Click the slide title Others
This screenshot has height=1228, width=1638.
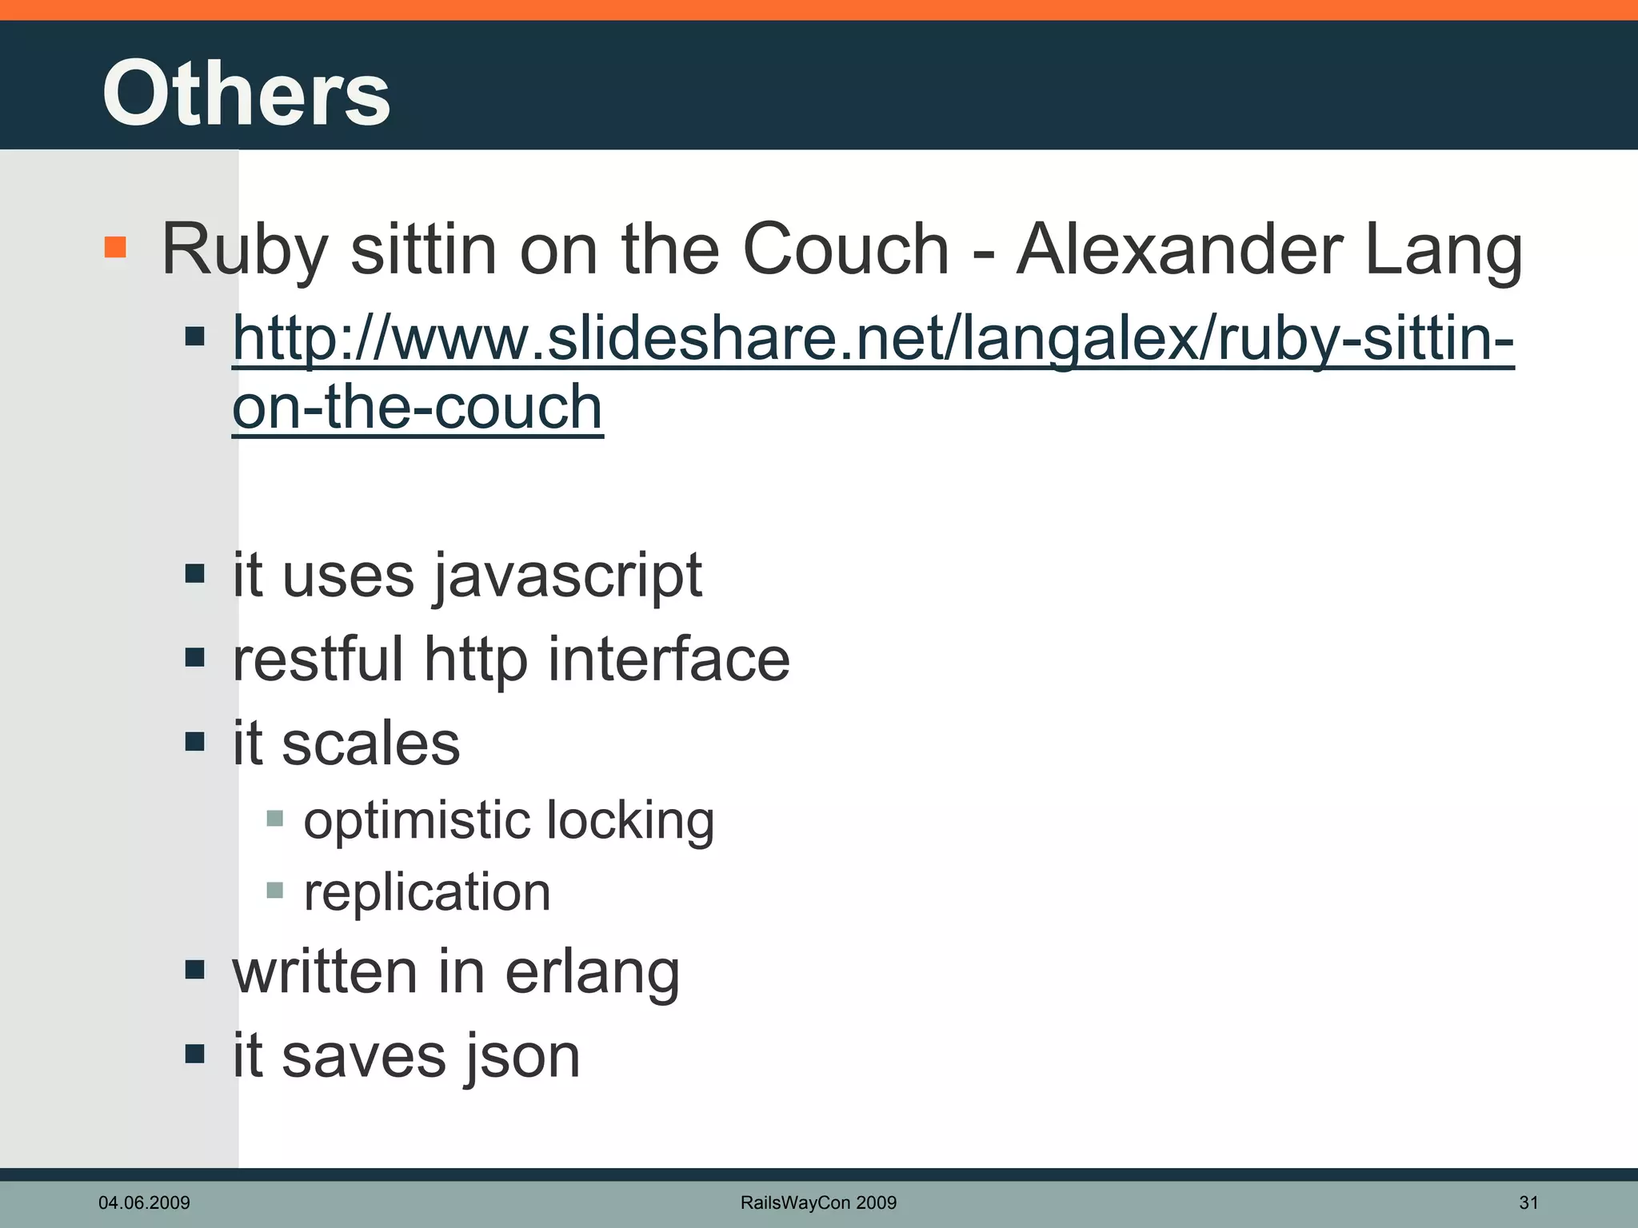pyautogui.click(x=246, y=94)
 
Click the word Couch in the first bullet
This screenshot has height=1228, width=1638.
pyautogui.click(x=845, y=249)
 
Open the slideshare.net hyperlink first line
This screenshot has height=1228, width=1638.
pyautogui.click(x=872, y=339)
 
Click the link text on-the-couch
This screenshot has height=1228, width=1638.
pyautogui.click(x=417, y=407)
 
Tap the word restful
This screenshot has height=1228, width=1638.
pyautogui.click(x=318, y=659)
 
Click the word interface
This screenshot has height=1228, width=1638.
pyautogui.click(x=669, y=659)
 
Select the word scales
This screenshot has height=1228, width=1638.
pyautogui.click(x=370, y=744)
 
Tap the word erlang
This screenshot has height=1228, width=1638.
pyautogui.click(x=592, y=973)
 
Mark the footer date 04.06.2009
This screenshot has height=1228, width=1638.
pyautogui.click(x=144, y=1202)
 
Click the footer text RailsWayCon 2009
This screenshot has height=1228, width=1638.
pyautogui.click(x=818, y=1202)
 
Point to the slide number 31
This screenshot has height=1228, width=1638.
pyautogui.click(x=1528, y=1202)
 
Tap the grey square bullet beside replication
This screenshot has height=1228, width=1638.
pyautogui.click(x=274, y=890)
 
